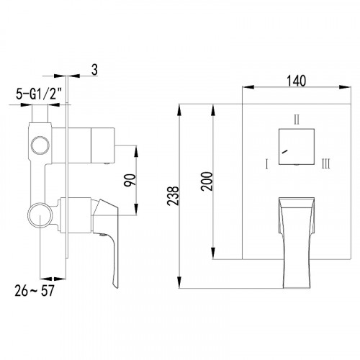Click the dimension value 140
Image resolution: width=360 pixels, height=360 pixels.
(295, 80)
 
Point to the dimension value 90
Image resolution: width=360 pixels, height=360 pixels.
(130, 180)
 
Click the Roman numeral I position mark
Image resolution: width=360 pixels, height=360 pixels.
(266, 165)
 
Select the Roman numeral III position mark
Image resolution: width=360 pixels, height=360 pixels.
(326, 165)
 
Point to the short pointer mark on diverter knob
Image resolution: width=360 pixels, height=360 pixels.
(286, 153)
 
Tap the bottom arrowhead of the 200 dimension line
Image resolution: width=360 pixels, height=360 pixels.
(213, 255)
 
